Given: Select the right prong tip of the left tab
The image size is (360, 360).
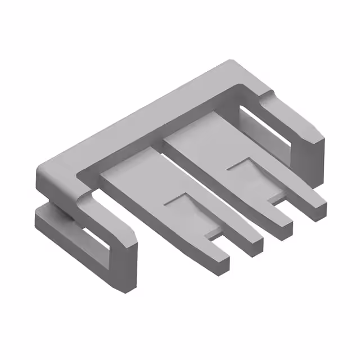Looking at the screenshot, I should [254, 246].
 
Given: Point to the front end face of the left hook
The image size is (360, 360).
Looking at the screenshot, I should [127, 270].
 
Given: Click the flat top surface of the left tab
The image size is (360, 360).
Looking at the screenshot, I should [146, 180].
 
